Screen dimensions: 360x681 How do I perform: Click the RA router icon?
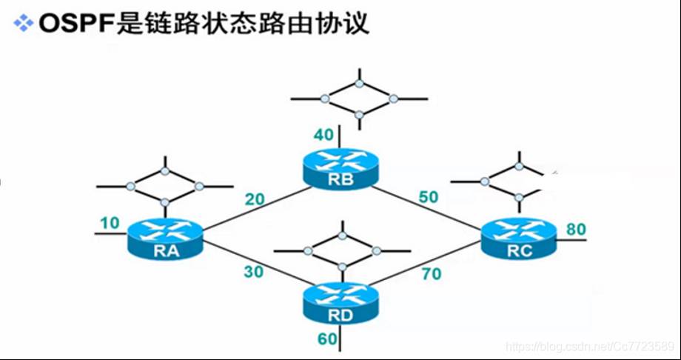[164, 239]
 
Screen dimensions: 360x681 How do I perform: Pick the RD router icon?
[341, 301]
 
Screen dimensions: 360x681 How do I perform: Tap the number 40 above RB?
[324, 135]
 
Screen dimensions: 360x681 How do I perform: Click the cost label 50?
[428, 197]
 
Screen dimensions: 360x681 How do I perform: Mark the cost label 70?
[431, 274]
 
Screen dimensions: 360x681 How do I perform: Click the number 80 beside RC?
[575, 229]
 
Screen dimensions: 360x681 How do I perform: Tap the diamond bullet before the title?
[24, 24]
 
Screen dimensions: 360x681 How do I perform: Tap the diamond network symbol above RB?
[359, 98]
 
